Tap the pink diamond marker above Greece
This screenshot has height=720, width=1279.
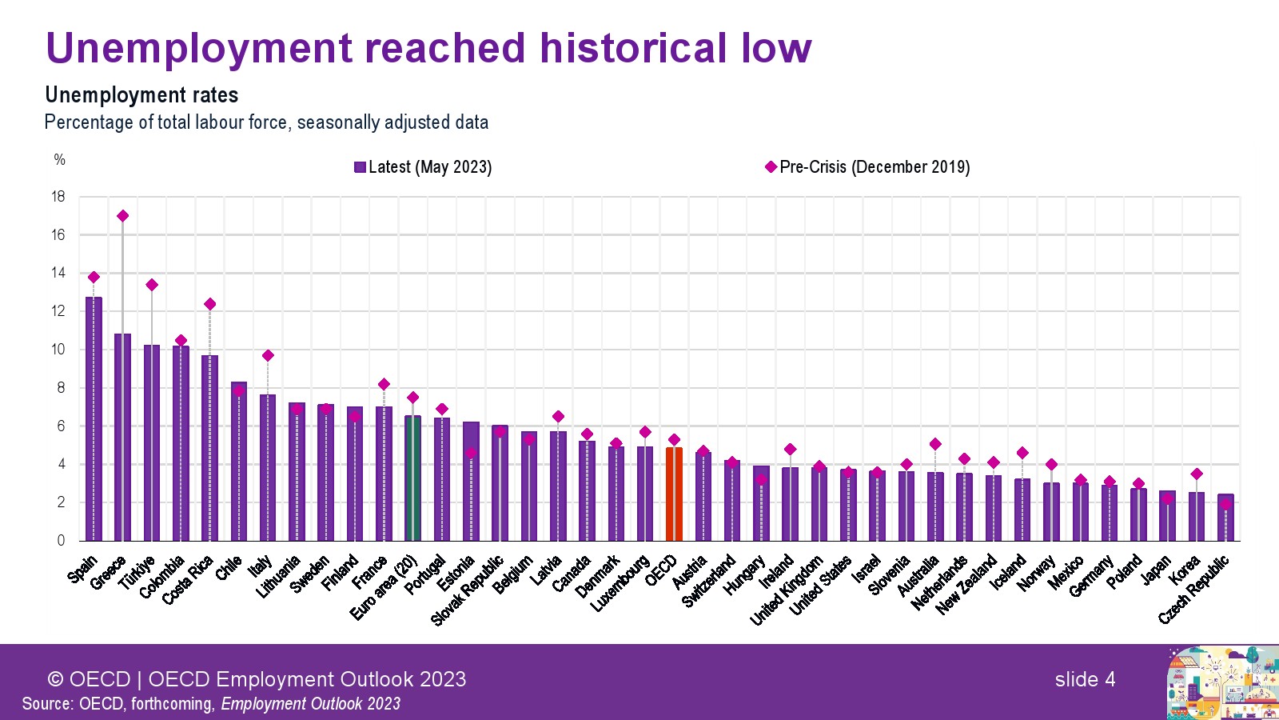pos(122,216)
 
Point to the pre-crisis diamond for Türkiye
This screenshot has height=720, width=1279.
pos(152,285)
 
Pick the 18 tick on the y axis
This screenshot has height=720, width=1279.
pos(58,197)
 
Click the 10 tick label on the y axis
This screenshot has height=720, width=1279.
pos(58,350)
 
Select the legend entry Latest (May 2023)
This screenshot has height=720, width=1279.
pos(424,167)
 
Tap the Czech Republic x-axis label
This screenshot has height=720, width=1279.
pos(1194,590)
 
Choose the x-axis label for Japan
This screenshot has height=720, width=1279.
pos(1156,570)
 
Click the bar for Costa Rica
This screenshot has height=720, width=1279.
pos(209,448)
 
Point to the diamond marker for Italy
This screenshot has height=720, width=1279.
pos(268,355)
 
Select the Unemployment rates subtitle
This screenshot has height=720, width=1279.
pos(141,95)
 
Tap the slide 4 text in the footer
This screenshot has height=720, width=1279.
pos(1085,679)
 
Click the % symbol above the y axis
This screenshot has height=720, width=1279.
pos(60,160)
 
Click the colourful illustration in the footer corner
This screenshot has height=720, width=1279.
pos(1222,682)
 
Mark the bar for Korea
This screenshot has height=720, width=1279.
pos(1196,516)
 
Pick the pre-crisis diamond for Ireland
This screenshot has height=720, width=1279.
pos(790,449)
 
